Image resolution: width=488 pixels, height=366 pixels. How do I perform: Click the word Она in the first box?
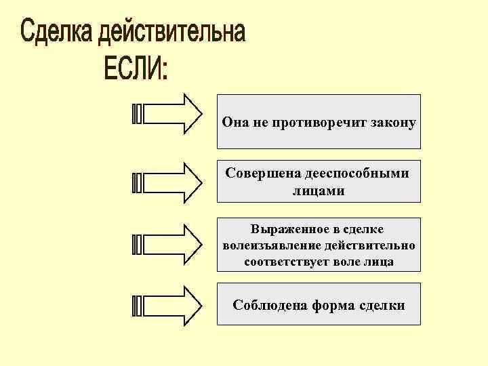tap(235, 123)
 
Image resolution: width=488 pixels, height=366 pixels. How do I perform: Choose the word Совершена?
tap(258, 174)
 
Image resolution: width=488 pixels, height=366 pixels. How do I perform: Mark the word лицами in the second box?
tap(318, 191)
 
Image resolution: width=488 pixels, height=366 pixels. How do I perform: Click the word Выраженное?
tap(285, 230)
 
